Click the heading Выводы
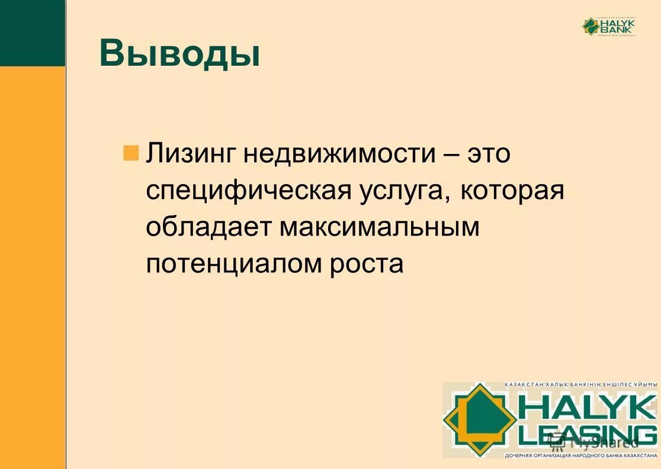click(179, 54)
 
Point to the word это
click(489, 154)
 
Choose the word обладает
click(208, 227)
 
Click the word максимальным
click(380, 227)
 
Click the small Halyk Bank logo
click(608, 26)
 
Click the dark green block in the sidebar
click(32, 33)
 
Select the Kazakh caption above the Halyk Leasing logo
click(580, 386)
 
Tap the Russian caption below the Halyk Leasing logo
click(580, 456)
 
